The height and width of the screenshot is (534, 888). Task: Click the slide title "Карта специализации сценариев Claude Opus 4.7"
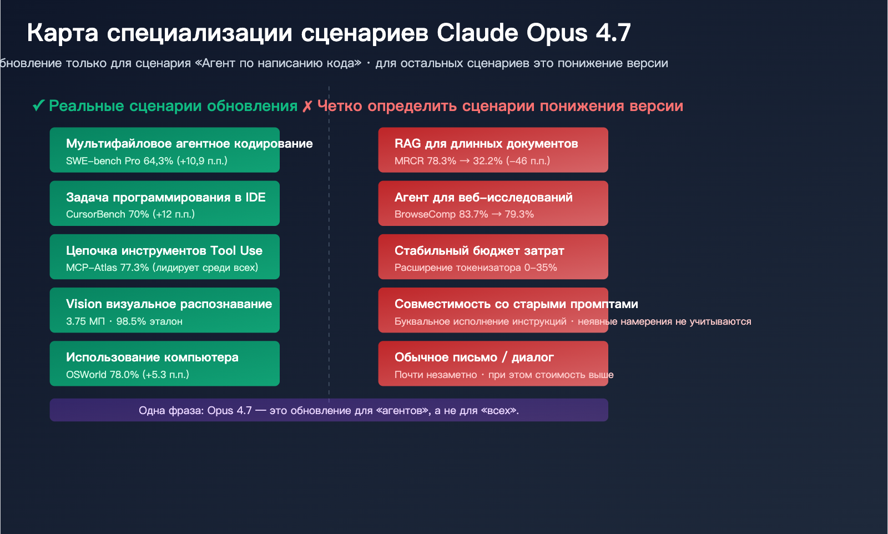click(x=329, y=33)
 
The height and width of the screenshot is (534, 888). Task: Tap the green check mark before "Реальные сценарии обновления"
click(x=38, y=105)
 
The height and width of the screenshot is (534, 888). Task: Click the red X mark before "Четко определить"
click(x=307, y=106)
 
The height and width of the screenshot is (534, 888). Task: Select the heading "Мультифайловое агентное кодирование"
click(x=189, y=144)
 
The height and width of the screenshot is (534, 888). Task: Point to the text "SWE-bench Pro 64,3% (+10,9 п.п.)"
click(x=147, y=161)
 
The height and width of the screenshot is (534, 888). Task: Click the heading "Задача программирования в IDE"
click(x=165, y=198)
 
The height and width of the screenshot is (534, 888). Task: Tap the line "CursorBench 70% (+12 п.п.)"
click(x=130, y=214)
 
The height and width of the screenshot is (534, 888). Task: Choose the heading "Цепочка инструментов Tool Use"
click(x=164, y=251)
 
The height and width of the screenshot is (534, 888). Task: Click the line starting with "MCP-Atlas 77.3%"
click(x=162, y=268)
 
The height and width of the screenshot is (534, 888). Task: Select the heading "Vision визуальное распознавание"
click(x=169, y=304)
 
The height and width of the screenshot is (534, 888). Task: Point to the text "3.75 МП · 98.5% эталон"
click(x=124, y=321)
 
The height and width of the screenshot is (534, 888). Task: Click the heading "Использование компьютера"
click(x=152, y=357)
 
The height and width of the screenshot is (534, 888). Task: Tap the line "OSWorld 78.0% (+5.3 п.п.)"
click(x=128, y=375)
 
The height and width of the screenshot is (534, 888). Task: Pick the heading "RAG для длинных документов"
click(x=486, y=144)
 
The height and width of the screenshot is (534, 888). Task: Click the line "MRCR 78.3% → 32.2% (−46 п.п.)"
click(x=472, y=161)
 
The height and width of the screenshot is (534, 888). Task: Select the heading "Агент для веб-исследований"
click(x=483, y=198)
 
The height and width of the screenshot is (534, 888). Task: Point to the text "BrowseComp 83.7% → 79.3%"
click(x=464, y=214)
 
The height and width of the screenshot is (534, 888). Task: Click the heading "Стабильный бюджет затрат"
click(x=479, y=251)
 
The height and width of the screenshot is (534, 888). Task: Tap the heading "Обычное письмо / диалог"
click(x=474, y=357)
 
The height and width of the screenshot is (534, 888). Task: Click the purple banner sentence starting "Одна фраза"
click(x=329, y=411)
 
